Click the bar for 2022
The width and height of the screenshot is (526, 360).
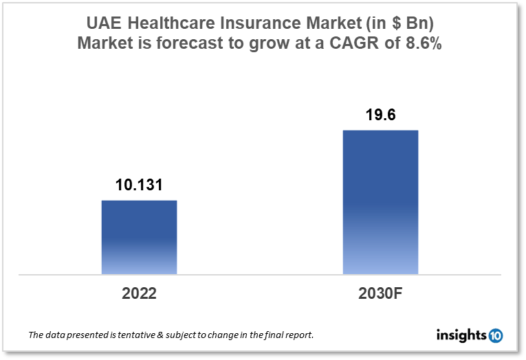point(139,237)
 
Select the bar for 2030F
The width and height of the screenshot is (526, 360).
point(380,202)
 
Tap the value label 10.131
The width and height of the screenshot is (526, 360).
point(139,185)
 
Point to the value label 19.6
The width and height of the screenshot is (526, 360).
point(380,115)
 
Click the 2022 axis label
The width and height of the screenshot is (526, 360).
point(139,293)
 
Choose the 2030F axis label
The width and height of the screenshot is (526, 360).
point(380,293)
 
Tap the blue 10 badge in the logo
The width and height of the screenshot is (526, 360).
point(496,335)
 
